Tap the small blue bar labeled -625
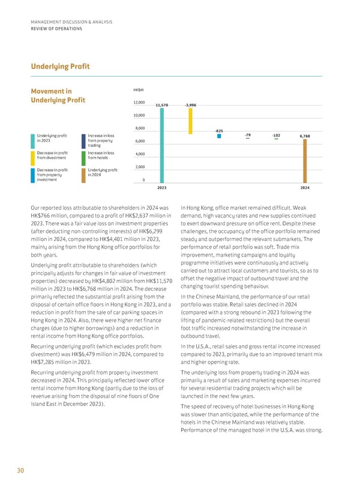click(x=220, y=136)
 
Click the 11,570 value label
click(x=161, y=105)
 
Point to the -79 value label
click(x=248, y=134)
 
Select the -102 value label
click(x=276, y=134)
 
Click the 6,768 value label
click(x=304, y=135)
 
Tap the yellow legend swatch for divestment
click(x=32, y=156)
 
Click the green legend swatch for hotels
click(x=83, y=156)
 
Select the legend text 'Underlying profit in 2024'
click(x=101, y=172)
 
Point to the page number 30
click(x=20, y=471)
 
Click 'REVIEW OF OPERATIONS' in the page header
click(x=58, y=28)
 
